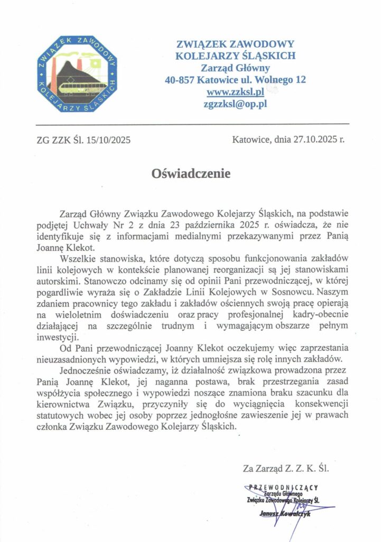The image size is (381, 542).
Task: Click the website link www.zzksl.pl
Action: pos(235,92)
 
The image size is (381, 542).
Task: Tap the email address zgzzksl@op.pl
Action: pos(235,104)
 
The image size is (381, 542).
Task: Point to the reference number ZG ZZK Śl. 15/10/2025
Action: pos(83,140)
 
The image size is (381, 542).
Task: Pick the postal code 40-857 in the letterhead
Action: pos(179,80)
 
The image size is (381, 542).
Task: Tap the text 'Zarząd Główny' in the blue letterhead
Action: pos(235,68)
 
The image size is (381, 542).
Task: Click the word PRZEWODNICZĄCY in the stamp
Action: pos(287,487)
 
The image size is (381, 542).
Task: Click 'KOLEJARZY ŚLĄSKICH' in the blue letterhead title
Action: pos(235,56)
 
